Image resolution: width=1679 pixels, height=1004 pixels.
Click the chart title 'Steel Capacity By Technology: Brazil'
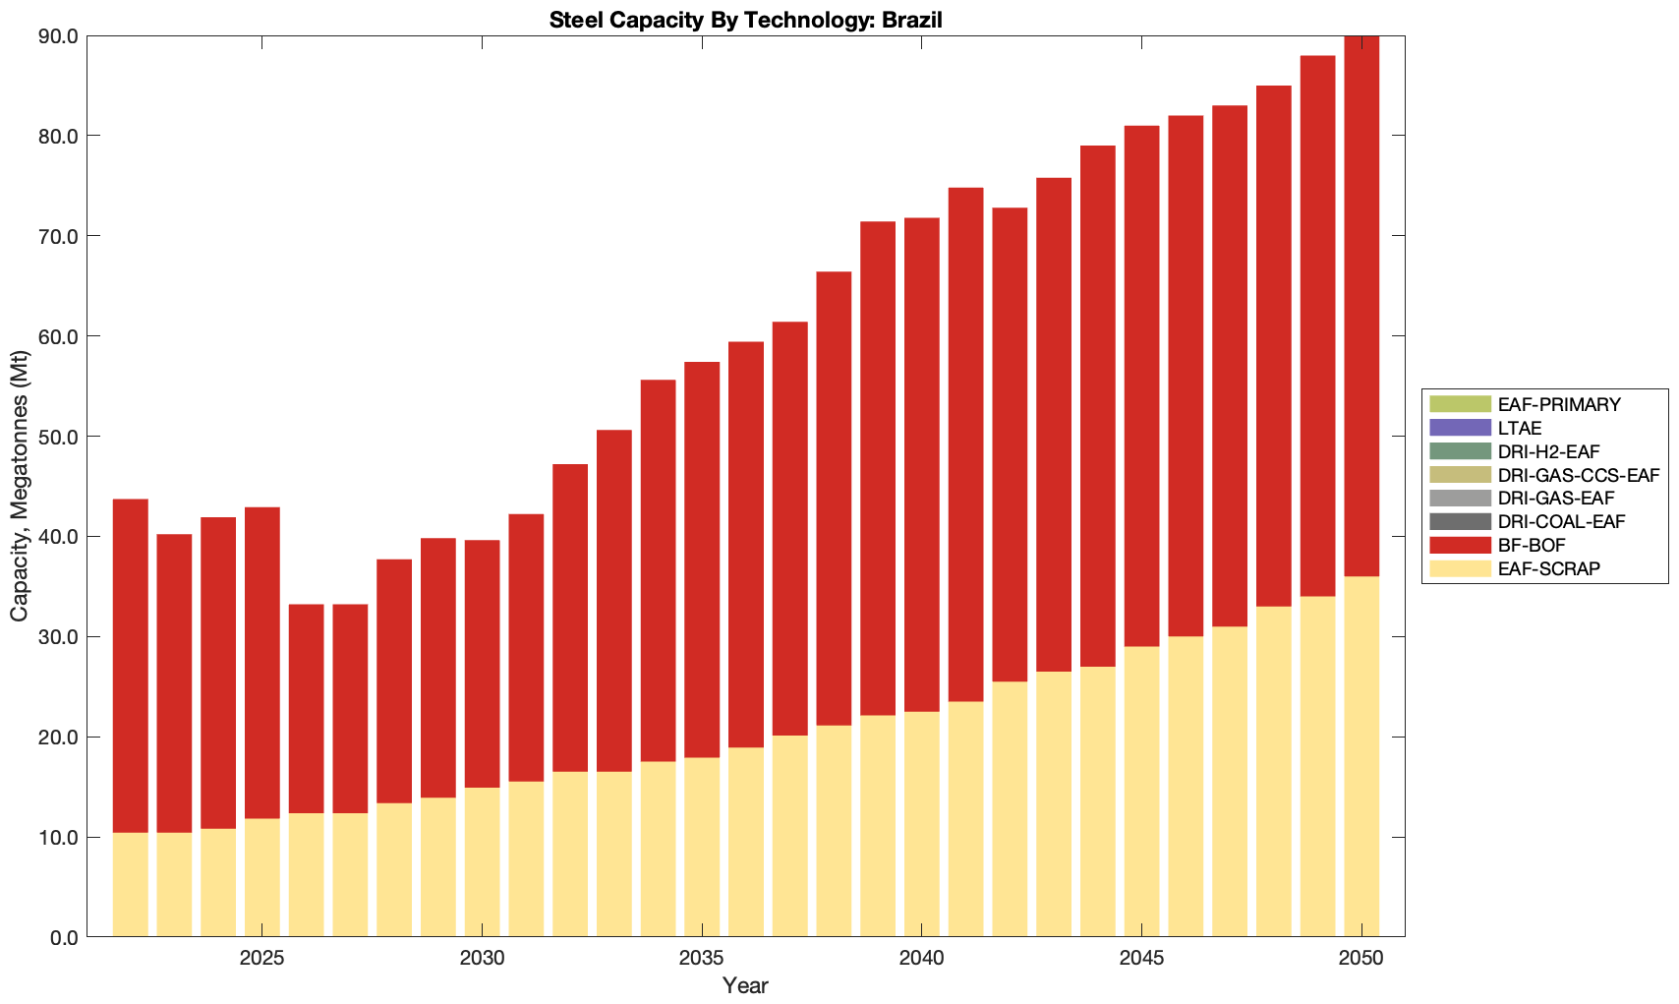746,20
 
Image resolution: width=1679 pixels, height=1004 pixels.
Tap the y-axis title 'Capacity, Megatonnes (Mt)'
20,486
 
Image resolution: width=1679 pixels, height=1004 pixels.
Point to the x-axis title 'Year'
745,985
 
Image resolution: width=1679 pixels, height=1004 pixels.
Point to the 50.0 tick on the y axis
59,437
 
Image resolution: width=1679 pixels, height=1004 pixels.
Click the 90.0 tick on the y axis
59,36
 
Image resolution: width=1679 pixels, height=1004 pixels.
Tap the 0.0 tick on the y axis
64,937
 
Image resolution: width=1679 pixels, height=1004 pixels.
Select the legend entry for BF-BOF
1532,545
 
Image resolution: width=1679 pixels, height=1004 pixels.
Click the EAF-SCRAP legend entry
1548,568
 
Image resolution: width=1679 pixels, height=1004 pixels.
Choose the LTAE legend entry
1520,428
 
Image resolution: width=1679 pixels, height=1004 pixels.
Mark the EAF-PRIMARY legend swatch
1460,404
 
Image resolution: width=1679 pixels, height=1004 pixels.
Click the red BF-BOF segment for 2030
482,664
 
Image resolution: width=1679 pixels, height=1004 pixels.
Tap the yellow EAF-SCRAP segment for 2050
1361,756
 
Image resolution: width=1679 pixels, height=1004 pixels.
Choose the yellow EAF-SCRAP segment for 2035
702,847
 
